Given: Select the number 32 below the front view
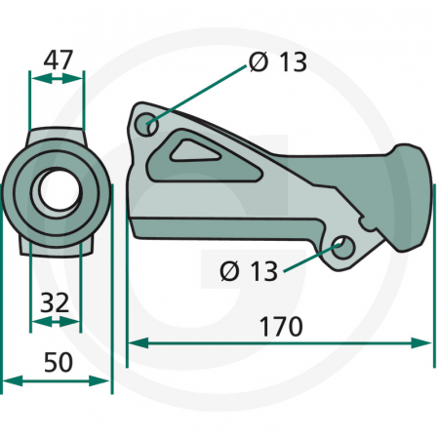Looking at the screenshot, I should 56,302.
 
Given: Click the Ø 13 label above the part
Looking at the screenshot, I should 277,62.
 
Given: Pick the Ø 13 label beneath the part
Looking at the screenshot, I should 249,270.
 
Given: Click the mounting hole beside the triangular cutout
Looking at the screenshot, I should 148,125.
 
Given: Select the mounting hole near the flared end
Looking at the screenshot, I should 341,246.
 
